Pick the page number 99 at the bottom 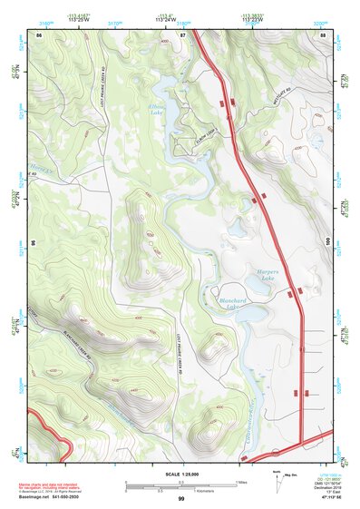[181, 499]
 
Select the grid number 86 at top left [39, 34]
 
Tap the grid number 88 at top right [323, 34]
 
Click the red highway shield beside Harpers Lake [288, 292]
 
